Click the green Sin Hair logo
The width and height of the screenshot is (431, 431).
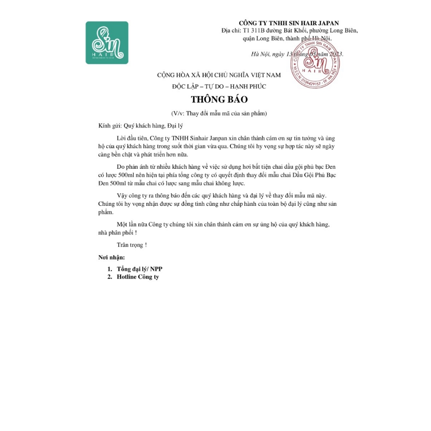tap(107, 43)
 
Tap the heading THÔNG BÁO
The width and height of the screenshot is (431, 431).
tap(219, 100)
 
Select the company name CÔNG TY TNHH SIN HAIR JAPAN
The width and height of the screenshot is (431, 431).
tap(289, 23)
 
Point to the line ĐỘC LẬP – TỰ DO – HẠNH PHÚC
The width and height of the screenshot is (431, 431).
tap(219, 86)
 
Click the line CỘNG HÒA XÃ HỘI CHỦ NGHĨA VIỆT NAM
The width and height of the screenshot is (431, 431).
tap(219, 75)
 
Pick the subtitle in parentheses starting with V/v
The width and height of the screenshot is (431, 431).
tap(219, 113)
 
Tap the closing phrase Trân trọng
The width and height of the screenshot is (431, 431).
tap(132, 245)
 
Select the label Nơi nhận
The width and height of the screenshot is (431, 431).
tap(112, 257)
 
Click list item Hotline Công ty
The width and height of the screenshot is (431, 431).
tap(138, 277)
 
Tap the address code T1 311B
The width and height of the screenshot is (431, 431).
tap(257, 31)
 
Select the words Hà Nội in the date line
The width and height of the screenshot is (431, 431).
tap(260, 54)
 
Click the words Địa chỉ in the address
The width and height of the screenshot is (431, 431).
tap(231, 31)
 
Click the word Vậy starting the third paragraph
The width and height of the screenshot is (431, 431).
tap(122, 196)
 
